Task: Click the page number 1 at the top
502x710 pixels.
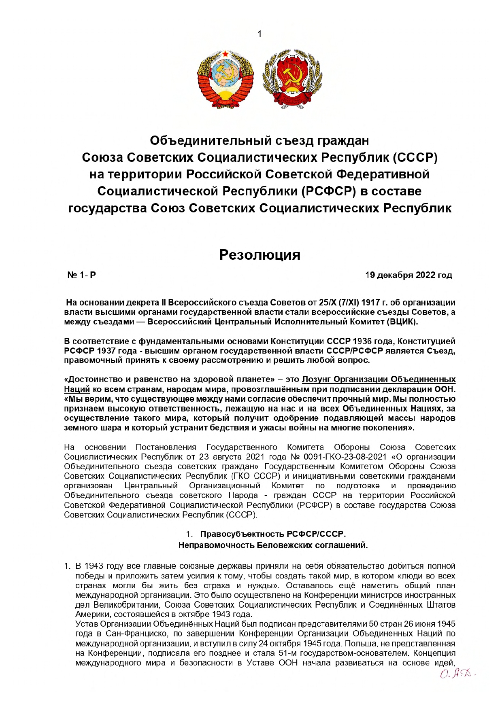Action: tap(260, 34)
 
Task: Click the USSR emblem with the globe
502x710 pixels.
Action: tap(225, 79)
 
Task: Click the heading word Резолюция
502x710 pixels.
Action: tap(260, 254)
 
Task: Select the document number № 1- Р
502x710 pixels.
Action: tap(82, 275)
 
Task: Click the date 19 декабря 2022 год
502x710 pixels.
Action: tap(408, 275)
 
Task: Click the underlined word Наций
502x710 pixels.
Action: tap(77, 389)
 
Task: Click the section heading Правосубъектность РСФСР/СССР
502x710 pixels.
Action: tap(273, 534)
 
